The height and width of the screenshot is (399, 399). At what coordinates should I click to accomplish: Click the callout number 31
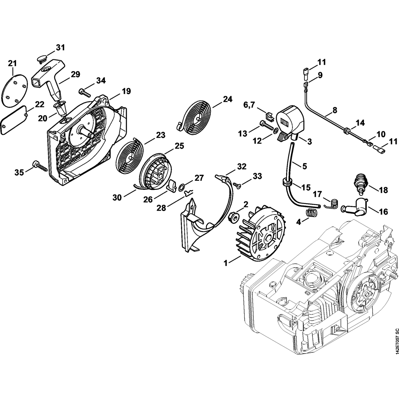coord(60,48)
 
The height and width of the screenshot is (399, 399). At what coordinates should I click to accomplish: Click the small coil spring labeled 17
coord(330,204)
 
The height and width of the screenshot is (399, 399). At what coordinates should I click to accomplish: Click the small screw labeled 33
coord(238,184)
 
